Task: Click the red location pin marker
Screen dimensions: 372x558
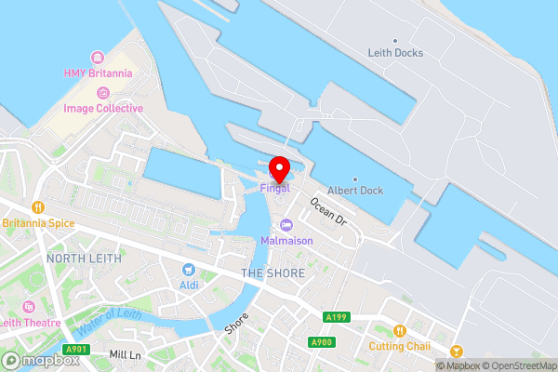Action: point(278,166)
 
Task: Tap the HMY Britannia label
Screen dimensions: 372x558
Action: point(99,73)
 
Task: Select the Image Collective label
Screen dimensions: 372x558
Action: point(103,108)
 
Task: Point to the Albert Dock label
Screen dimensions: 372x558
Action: point(356,191)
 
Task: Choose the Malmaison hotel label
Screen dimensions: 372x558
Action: point(286,240)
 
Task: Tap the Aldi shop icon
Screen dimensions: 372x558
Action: point(189,270)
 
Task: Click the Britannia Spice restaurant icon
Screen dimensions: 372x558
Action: point(38,207)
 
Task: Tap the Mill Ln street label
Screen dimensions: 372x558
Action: point(124,355)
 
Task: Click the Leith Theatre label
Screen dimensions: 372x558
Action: point(31,322)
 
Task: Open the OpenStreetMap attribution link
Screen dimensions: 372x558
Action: point(517,365)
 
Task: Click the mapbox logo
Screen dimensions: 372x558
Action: point(38,360)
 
